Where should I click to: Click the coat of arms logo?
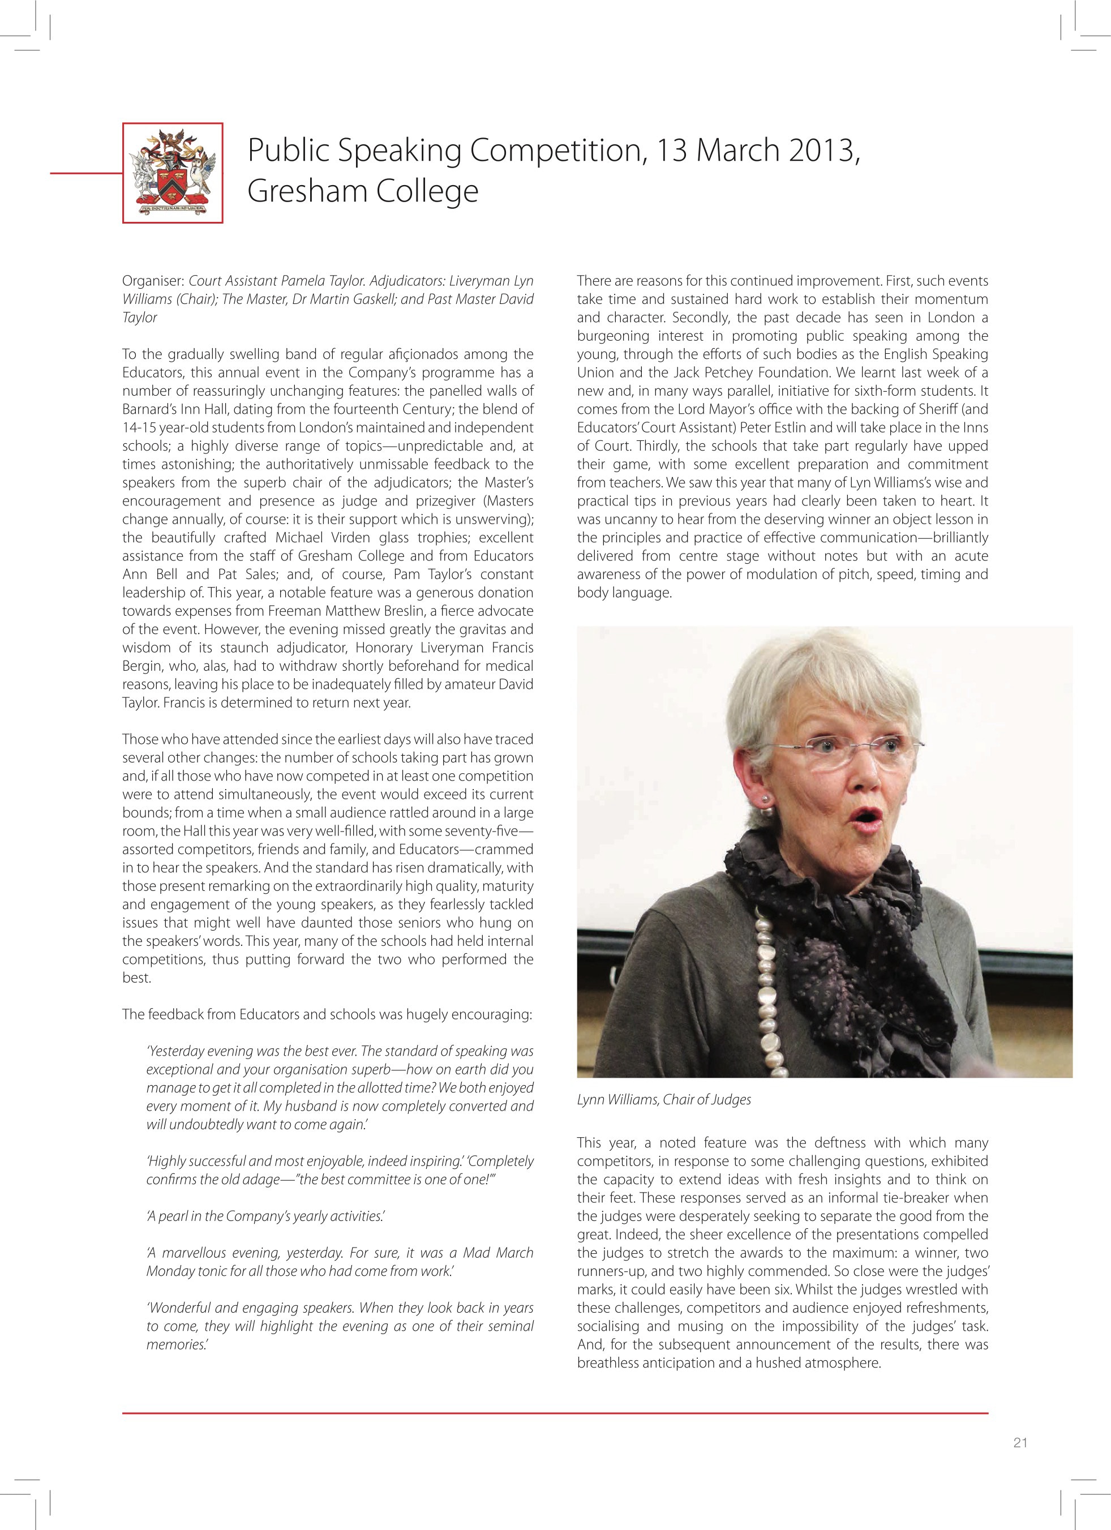(x=173, y=173)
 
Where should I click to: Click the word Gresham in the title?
(x=307, y=191)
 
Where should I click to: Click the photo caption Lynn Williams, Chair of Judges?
(x=664, y=1100)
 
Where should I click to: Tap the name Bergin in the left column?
(x=144, y=666)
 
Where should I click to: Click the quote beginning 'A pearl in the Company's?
(x=265, y=1216)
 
